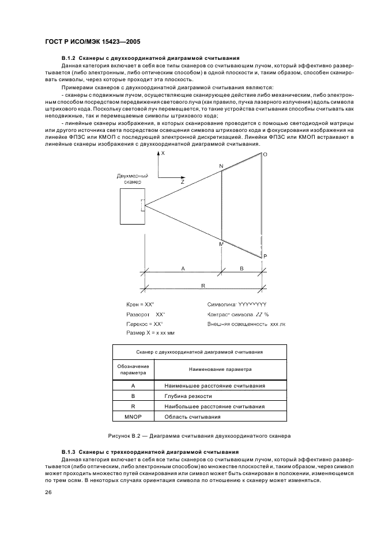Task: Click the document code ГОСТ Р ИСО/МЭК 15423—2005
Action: pos(92,42)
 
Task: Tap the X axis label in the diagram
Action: pos(163,154)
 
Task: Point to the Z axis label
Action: pos(182,182)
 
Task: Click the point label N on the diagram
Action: pos(220,166)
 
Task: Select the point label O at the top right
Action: pos(265,154)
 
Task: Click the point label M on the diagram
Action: pos(220,244)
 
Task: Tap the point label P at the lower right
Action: pos(265,256)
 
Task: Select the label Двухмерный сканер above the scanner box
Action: pos(132,179)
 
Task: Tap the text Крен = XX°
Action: pos(141,304)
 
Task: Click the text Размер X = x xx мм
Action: pos(150,333)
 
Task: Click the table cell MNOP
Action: pos(133,416)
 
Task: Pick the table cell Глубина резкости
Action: pos(188,396)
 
